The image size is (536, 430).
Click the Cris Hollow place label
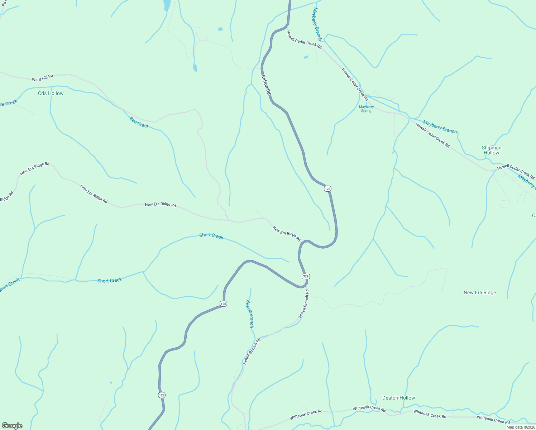click(51, 93)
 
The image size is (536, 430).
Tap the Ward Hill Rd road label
click(42, 78)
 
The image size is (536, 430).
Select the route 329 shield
click(305, 276)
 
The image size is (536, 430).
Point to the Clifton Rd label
click(266, 85)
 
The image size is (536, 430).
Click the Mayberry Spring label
click(366, 109)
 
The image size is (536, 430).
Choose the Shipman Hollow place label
click(491, 150)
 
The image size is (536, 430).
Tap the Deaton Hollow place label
click(398, 398)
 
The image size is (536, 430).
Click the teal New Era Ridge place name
click(480, 292)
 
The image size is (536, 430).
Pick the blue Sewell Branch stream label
click(250, 314)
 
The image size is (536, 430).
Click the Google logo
click(12, 426)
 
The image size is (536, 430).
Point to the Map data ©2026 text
click(521, 427)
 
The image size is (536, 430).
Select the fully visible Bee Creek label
click(139, 122)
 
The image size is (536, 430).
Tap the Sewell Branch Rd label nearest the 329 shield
click(303, 304)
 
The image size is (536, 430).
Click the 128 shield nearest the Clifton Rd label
click(327, 188)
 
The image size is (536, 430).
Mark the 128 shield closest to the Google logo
click(162, 395)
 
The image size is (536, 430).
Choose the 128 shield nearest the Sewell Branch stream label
click(223, 304)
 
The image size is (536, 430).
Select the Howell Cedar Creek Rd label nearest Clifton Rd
click(304, 40)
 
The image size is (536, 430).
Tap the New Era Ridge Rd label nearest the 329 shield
click(286, 234)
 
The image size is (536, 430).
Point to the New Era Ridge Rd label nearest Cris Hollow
click(35, 168)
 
